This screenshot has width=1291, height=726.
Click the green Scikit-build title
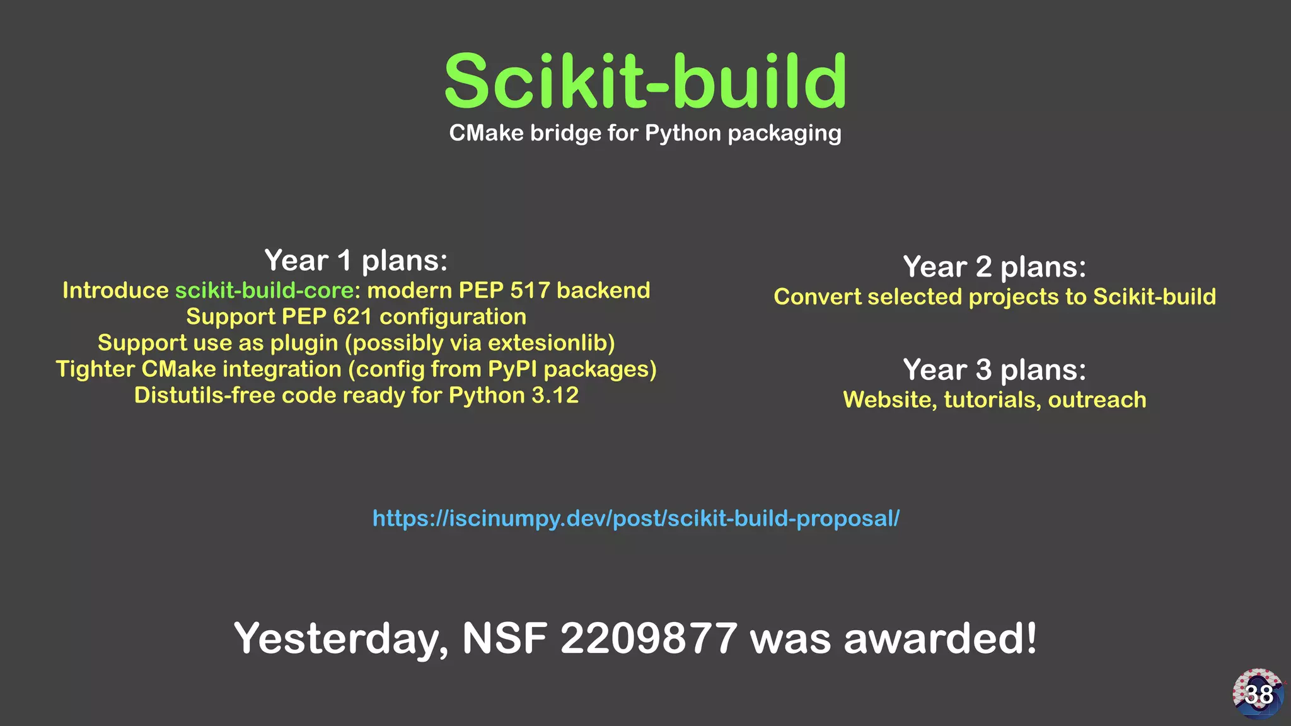(x=645, y=82)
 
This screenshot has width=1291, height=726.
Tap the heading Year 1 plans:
(x=356, y=260)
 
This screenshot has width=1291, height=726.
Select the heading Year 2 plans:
(x=995, y=267)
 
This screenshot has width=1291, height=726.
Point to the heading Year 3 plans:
(x=995, y=370)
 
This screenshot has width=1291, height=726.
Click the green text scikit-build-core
(x=264, y=291)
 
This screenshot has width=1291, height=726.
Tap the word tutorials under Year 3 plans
(x=992, y=400)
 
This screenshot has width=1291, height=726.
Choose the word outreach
(x=1097, y=400)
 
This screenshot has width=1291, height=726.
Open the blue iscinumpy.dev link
(x=635, y=519)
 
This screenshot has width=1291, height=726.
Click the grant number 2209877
(x=649, y=638)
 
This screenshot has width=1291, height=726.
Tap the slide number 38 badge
(x=1258, y=694)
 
